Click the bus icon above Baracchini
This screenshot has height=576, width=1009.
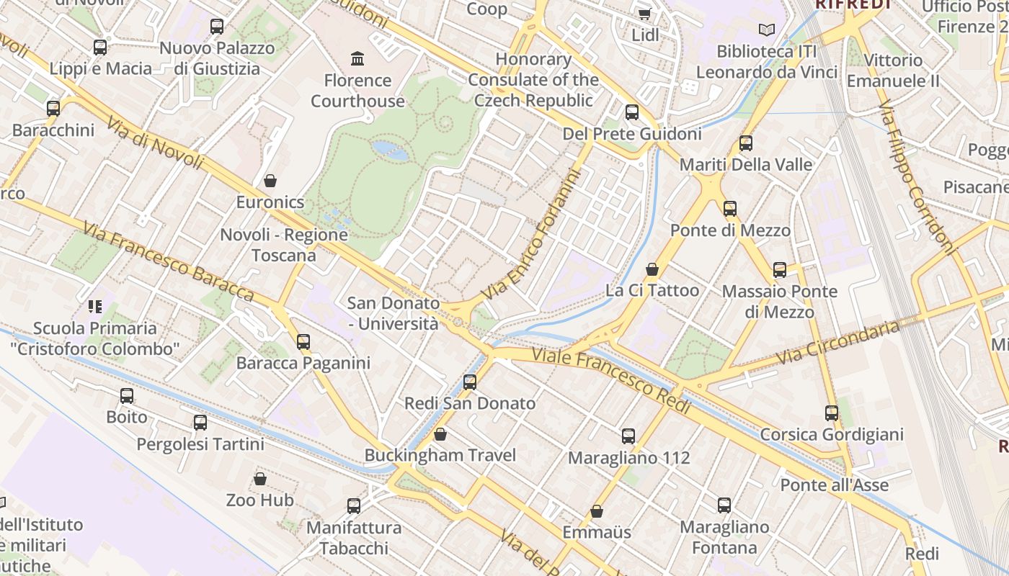coord(53,109)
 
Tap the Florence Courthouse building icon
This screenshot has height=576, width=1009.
coord(357,58)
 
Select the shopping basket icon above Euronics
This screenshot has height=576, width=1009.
coord(270,180)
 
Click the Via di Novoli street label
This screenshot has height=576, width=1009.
coord(154,144)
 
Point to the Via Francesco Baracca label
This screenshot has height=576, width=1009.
coord(167,261)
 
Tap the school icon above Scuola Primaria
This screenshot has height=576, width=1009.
coord(95,307)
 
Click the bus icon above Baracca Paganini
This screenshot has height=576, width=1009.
coord(303,341)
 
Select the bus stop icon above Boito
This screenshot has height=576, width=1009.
coord(127,395)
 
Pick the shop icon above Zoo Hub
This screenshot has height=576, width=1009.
coord(260,479)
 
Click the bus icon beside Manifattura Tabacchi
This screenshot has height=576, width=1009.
coord(354,506)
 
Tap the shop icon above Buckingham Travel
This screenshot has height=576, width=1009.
coord(440,434)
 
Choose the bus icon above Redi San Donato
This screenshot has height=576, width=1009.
coord(470,382)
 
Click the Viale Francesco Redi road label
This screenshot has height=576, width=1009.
coord(611,381)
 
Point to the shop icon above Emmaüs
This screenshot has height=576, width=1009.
coord(597,511)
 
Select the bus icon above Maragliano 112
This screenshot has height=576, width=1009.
coord(628,436)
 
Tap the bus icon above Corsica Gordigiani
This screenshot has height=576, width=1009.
coord(832,413)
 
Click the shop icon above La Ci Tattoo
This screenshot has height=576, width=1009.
coord(652,269)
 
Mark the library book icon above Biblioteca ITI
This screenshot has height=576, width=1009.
coord(767,30)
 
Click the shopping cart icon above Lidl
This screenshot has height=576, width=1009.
coord(645,13)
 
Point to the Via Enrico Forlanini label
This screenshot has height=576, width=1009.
coord(532,235)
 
